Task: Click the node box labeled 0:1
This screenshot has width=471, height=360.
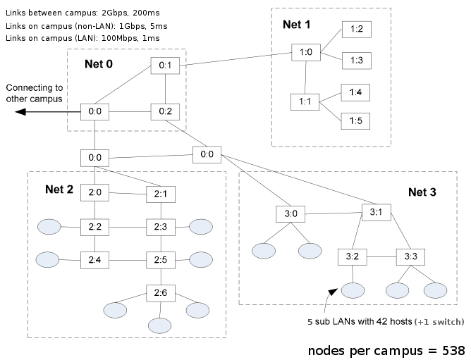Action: point(165,66)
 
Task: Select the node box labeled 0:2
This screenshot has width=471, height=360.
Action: point(165,111)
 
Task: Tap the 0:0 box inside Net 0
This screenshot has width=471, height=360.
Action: point(94,111)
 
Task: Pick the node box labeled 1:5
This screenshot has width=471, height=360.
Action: point(355,120)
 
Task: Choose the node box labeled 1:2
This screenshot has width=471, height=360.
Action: point(355,30)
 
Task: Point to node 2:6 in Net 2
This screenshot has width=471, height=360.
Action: point(159,292)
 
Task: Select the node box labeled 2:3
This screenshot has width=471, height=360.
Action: point(159,226)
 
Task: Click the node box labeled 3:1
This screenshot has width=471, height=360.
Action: point(375,211)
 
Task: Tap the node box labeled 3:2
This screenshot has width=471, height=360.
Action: point(350,256)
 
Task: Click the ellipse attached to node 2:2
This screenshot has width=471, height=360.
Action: point(49,227)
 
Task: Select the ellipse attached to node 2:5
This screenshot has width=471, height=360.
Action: point(200,259)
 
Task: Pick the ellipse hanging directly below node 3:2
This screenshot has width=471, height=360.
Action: point(351,290)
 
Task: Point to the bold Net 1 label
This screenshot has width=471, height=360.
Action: point(296,23)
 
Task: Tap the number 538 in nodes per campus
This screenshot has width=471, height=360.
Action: point(451,350)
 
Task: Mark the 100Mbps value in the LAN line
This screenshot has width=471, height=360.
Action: point(114,37)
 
